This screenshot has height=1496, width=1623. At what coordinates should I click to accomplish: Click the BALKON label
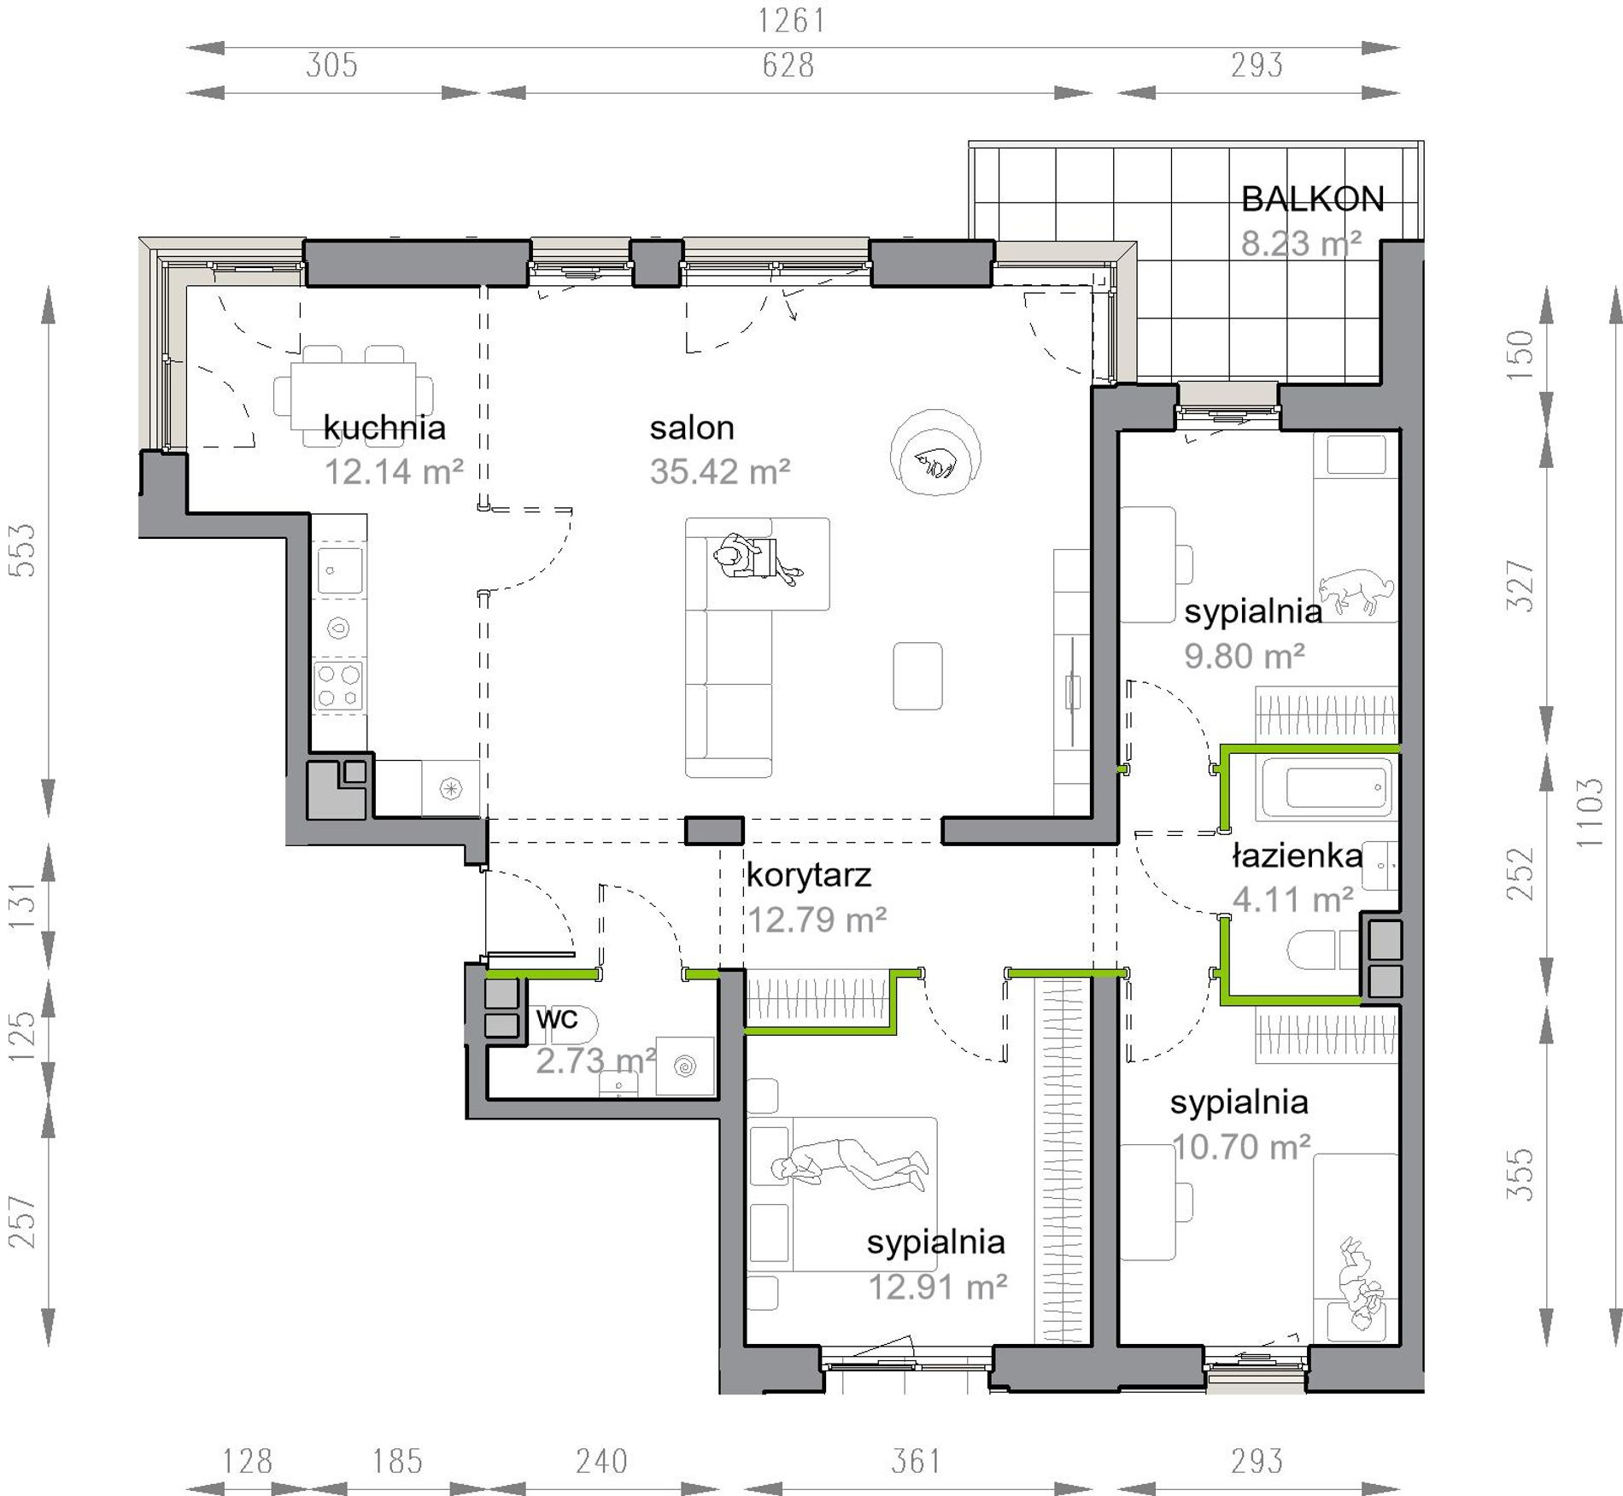click(x=1312, y=200)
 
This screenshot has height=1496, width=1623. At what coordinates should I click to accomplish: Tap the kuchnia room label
click(x=384, y=427)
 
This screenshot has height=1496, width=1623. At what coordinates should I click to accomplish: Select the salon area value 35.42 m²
click(x=720, y=471)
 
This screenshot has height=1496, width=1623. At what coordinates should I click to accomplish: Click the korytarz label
click(x=809, y=875)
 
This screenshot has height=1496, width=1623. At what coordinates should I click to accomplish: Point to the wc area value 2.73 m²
click(x=595, y=1061)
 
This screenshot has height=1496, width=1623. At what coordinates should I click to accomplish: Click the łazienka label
click(x=1297, y=856)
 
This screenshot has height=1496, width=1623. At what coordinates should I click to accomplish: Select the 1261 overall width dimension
click(x=792, y=20)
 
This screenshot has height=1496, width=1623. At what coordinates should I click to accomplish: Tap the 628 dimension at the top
click(x=788, y=65)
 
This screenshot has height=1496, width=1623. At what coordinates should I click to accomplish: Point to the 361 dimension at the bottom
click(x=916, y=1461)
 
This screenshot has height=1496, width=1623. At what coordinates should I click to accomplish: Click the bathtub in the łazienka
click(x=1326, y=787)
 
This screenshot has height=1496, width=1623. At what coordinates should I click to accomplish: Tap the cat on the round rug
click(x=935, y=464)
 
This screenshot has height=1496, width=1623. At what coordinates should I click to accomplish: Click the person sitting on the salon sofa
click(x=757, y=560)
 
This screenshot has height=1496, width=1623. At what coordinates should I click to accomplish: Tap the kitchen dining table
click(x=354, y=396)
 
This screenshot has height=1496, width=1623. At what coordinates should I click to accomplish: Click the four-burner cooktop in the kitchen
click(x=339, y=687)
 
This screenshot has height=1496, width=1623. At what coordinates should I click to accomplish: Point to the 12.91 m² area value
click(x=938, y=1287)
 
